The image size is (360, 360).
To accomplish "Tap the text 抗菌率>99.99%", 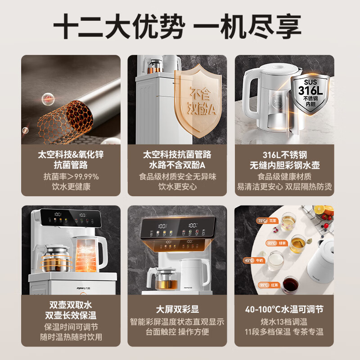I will [x=71, y=176].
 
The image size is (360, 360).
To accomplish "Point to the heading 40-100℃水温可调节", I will [x=284, y=309].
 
